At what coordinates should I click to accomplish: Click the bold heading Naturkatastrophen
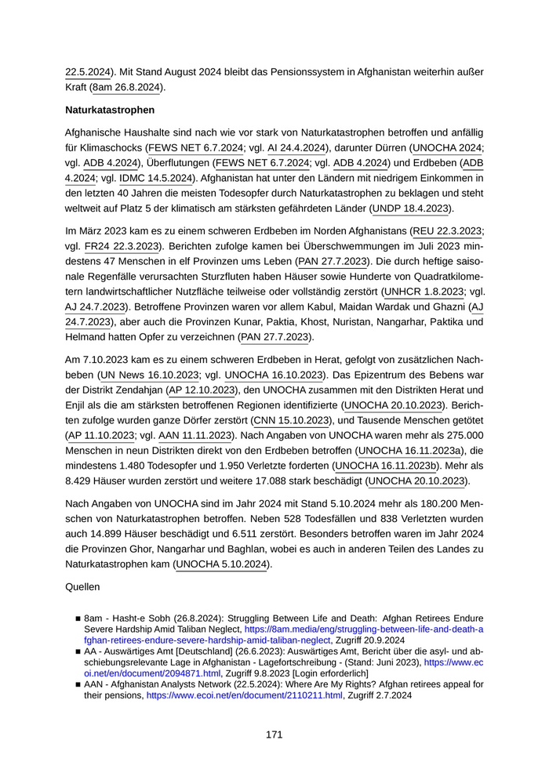110,110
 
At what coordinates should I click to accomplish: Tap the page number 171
274,734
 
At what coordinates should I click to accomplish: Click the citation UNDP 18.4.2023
413,209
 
